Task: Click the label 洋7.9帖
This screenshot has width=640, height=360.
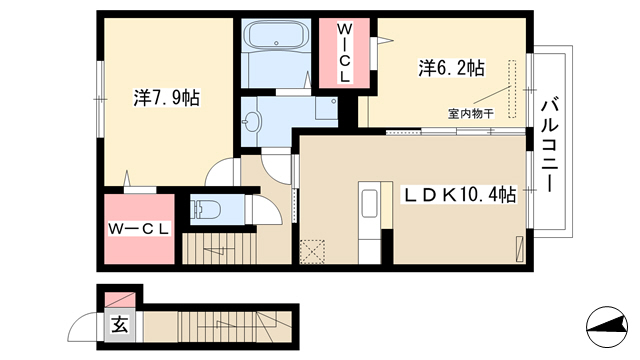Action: pyautogui.click(x=167, y=98)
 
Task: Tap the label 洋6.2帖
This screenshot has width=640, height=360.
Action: pyautogui.click(x=451, y=68)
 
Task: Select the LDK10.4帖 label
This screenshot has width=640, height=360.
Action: pyautogui.click(x=460, y=195)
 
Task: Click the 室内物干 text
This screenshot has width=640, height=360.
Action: pyautogui.click(x=471, y=113)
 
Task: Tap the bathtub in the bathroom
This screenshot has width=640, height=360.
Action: pyautogui.click(x=276, y=36)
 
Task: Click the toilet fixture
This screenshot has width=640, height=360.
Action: pyautogui.click(x=207, y=210)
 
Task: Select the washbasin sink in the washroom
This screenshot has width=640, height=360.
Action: pyautogui.click(x=251, y=121)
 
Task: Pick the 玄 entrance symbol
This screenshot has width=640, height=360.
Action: pyautogui.click(x=120, y=326)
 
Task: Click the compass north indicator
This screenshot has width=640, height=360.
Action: pyautogui.click(x=607, y=327)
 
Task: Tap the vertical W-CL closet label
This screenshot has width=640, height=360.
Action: pyautogui.click(x=344, y=53)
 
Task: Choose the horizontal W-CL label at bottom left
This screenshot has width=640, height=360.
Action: pyautogui.click(x=139, y=229)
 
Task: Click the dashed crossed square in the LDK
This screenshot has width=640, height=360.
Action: pyautogui.click(x=312, y=252)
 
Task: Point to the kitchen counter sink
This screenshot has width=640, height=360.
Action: pyautogui.click(x=370, y=204)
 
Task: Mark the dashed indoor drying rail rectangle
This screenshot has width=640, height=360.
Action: pyautogui.click(x=512, y=89)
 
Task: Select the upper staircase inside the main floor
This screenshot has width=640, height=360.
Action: pyautogui.click(x=219, y=249)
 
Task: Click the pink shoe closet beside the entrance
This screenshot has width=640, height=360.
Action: pyautogui.click(x=120, y=300)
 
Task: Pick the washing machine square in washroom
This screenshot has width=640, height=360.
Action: pyautogui.click(x=326, y=108)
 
